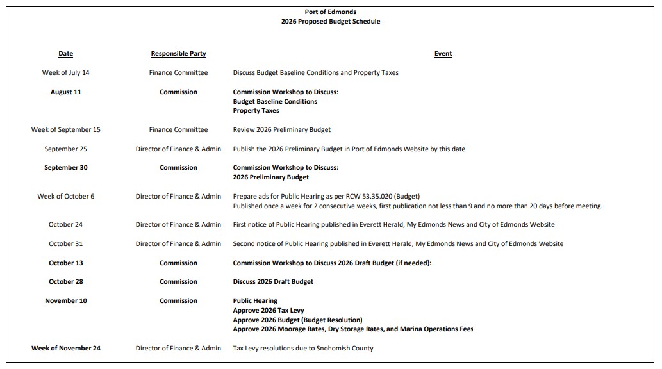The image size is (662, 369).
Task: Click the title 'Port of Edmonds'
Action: pyautogui.click(x=330, y=12)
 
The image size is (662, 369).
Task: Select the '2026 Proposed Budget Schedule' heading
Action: pyautogui.click(x=330, y=22)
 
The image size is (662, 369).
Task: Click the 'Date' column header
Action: pyautogui.click(x=65, y=54)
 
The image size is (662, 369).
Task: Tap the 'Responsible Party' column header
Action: pyautogui.click(x=178, y=54)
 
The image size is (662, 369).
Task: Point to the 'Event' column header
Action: pyautogui.click(x=443, y=54)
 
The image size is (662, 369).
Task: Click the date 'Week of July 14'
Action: pyautogui.click(x=65, y=73)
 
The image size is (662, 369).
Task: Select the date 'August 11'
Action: pyautogui.click(x=65, y=92)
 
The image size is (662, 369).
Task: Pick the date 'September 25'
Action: pyautogui.click(x=65, y=149)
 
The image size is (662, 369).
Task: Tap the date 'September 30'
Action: pyautogui.click(x=65, y=168)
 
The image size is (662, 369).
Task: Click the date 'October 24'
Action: pyautogui.click(x=65, y=225)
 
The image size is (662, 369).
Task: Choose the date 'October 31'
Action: pyautogui.click(x=65, y=244)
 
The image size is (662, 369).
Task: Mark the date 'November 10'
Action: pyautogui.click(x=65, y=301)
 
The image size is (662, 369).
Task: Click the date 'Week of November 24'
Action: pyautogui.click(x=65, y=348)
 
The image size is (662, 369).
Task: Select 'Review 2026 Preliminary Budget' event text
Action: pyautogui.click(x=281, y=130)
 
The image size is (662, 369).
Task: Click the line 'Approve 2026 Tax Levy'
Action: pyautogui.click(x=268, y=311)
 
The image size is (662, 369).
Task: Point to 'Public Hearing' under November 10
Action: pyautogui.click(x=255, y=301)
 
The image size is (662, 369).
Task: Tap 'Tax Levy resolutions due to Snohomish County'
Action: pyautogui.click(x=302, y=348)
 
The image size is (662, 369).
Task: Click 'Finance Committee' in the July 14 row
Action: pyautogui.click(x=178, y=73)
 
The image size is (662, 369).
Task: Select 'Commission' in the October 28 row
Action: pyautogui.click(x=178, y=282)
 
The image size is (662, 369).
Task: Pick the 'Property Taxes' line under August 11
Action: pyautogui.click(x=256, y=111)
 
